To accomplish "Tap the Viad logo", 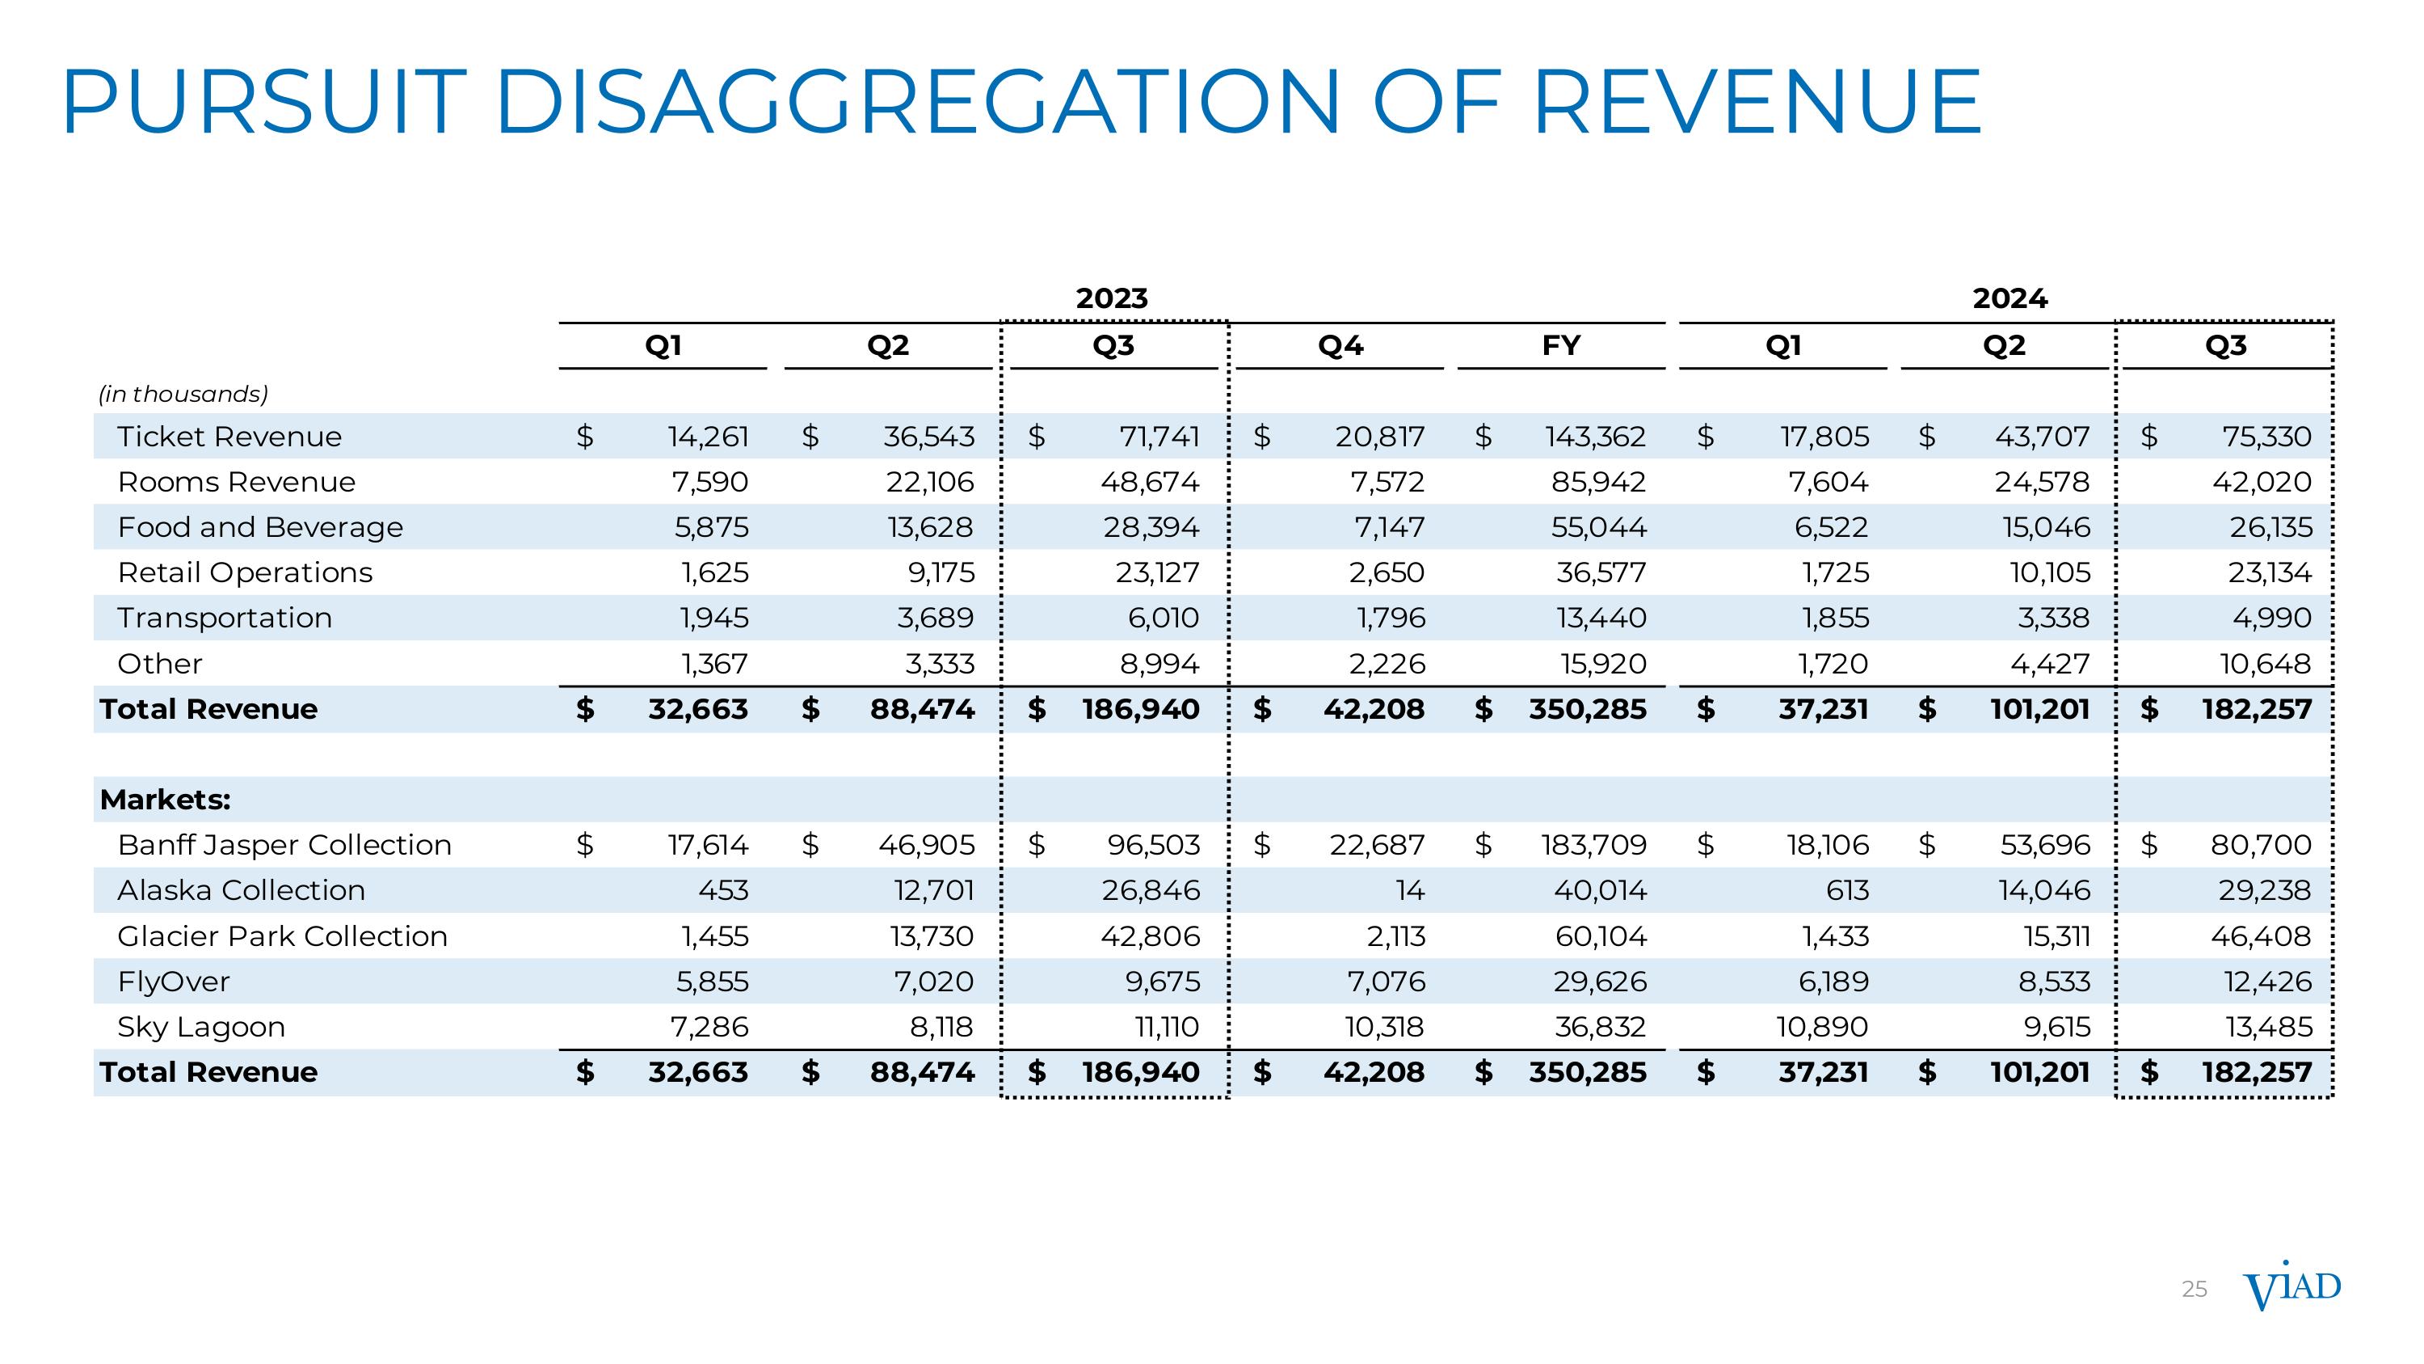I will (x=2291, y=1288).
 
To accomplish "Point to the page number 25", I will (x=2194, y=1290).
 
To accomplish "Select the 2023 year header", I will (x=1111, y=298).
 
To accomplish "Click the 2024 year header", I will (x=2010, y=298).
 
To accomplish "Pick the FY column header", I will (x=1561, y=345).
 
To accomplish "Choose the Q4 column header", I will (x=1340, y=345).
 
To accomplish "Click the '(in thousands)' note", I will (x=183, y=394).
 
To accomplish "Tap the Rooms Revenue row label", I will (x=236, y=482).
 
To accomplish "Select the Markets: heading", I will (x=165, y=799).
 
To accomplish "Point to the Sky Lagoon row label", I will (x=200, y=1027).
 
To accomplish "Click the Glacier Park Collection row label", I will (x=282, y=935).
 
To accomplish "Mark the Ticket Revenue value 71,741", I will (x=1159, y=437).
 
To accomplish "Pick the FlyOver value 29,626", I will (x=1600, y=982).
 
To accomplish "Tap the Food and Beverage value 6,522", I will (x=1830, y=527).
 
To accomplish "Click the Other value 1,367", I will (x=714, y=664).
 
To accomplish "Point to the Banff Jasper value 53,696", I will (x=2044, y=845).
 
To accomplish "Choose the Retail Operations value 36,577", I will (x=1600, y=572).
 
